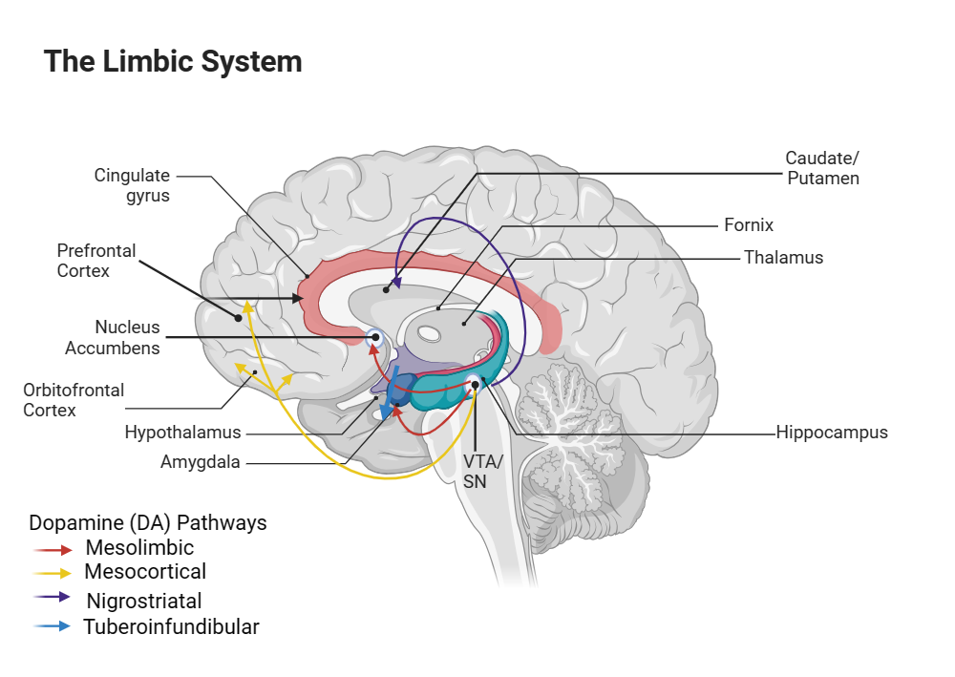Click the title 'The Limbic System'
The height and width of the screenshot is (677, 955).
point(173,61)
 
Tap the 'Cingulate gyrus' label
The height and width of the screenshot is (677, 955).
point(132,185)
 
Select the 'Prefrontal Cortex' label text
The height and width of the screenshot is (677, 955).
point(96,260)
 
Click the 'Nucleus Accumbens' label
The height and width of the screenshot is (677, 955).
point(113,337)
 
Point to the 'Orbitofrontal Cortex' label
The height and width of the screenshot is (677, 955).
point(74,399)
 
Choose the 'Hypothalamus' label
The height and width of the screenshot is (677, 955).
point(182,433)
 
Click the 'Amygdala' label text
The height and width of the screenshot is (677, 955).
point(201,462)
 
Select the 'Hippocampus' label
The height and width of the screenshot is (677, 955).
point(832,433)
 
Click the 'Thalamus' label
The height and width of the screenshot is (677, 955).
point(783,258)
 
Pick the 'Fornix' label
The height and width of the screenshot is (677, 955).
point(749,225)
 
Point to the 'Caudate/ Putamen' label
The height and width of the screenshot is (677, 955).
point(822,168)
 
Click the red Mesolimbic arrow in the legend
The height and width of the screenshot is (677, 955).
point(53,550)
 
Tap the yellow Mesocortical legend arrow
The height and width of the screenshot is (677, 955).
point(53,573)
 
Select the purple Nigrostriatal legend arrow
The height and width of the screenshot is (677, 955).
point(53,597)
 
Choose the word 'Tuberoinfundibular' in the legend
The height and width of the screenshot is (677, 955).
point(171,626)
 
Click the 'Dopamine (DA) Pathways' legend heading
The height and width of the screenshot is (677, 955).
point(148,522)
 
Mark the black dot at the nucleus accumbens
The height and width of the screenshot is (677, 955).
point(375,337)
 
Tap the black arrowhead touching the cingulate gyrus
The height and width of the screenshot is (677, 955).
point(298,298)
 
